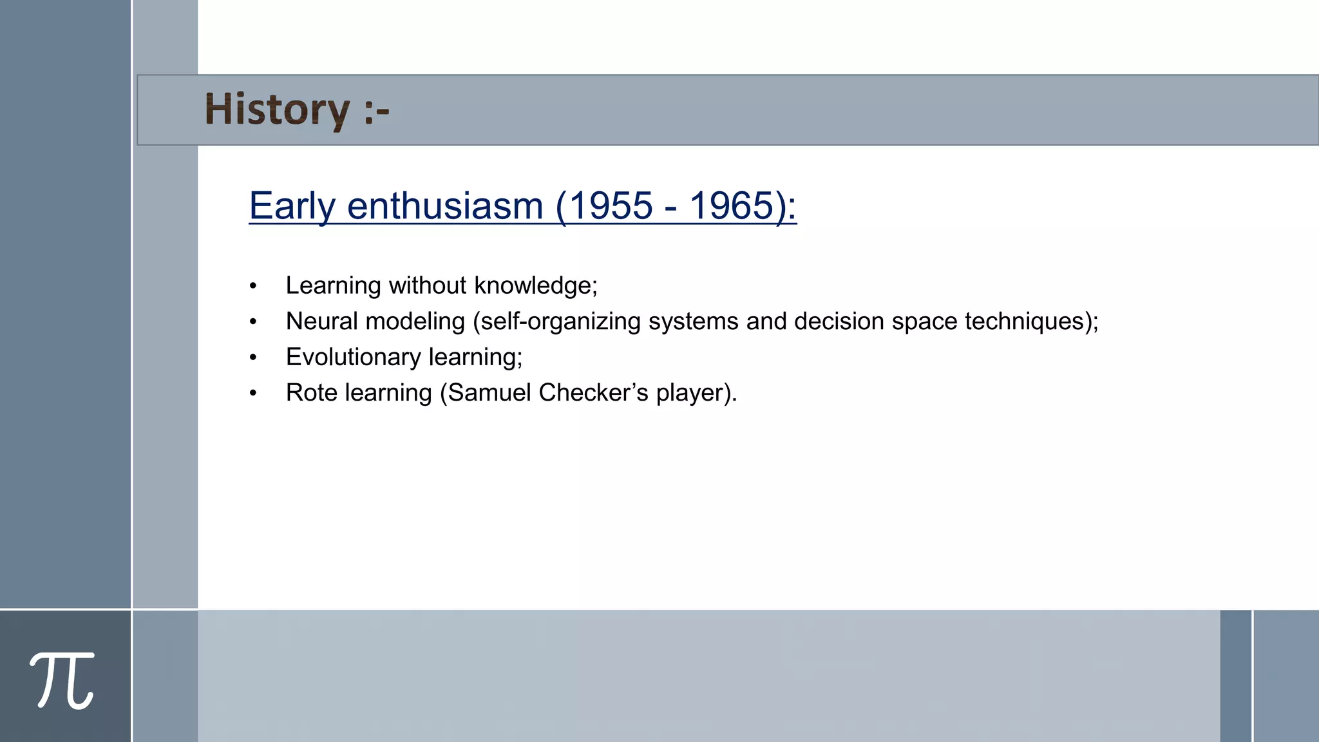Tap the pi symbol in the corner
pos(62,680)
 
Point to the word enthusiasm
pos(445,206)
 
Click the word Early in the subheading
pos(292,206)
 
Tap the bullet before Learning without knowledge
pos(253,286)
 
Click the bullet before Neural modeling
pos(253,321)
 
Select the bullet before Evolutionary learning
pos(253,357)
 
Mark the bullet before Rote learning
pos(253,393)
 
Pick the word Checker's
pos(593,392)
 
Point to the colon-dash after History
pos(376,111)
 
